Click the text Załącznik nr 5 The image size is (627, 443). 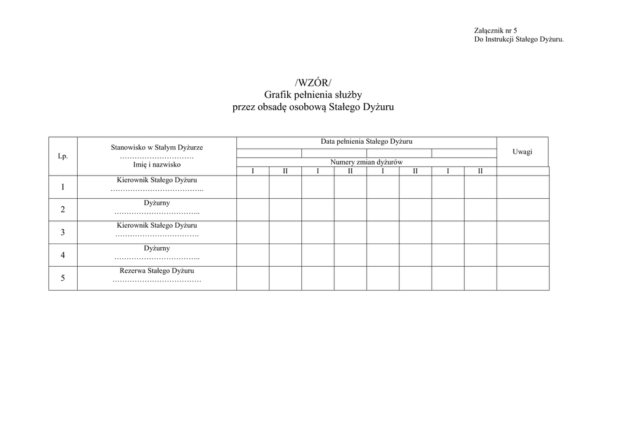pos(495,31)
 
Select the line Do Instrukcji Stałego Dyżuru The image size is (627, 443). pos(519,39)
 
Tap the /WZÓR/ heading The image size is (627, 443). pos(313,83)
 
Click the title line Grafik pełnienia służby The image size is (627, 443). pos(313,95)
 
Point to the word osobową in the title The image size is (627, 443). pos(307,107)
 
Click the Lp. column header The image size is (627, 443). pos(62,156)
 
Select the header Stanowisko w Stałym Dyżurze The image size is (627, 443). pos(157,147)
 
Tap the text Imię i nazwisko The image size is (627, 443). pos(157,165)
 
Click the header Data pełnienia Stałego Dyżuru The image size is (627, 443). pos(366,141)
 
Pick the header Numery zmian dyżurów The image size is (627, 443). pos(366,162)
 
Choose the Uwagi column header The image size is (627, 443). pos(522,151)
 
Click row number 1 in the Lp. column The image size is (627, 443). pos(62,187)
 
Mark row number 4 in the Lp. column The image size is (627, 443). pos(62,255)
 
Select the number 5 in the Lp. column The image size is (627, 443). pos(62,278)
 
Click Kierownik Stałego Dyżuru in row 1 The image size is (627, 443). pos(157,181)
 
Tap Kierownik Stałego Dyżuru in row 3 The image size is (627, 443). pos(157,226)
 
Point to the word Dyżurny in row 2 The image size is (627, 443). pos(157,203)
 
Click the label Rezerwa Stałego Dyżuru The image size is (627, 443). pos(157,270)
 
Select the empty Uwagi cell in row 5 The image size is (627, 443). pos(522,278)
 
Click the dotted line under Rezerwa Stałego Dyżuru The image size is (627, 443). pos(157,281)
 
